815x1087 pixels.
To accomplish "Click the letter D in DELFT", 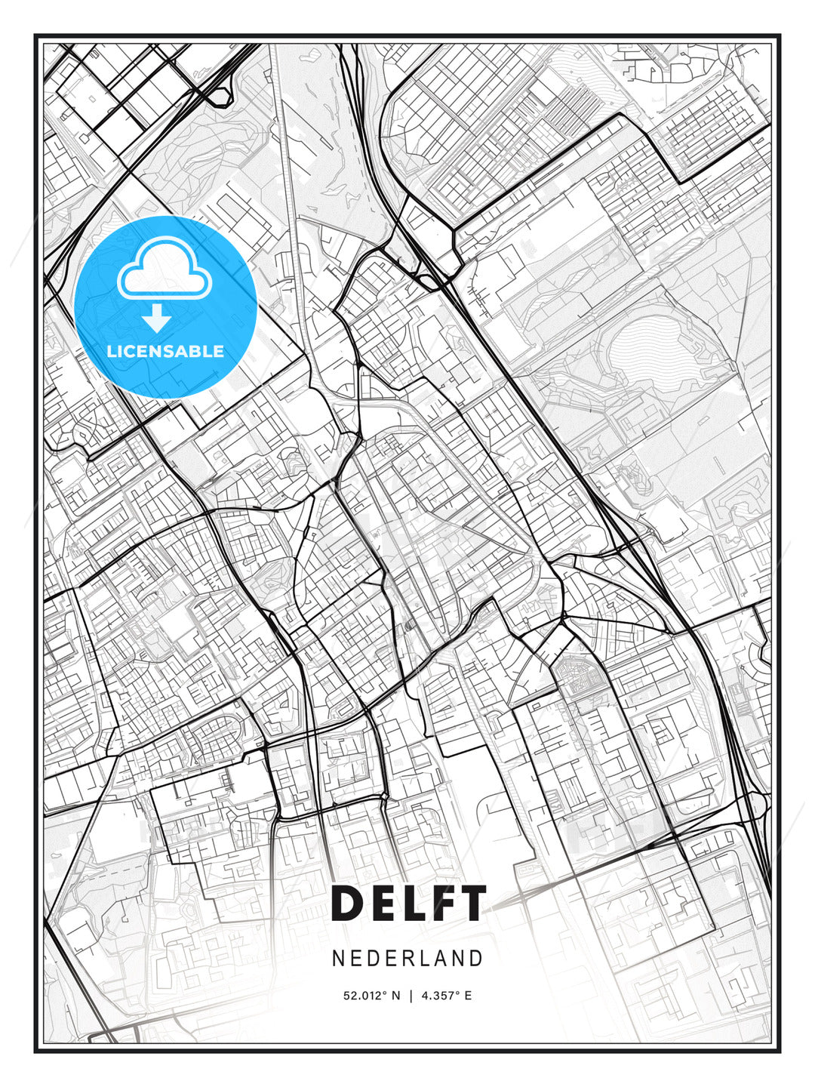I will click(x=348, y=903).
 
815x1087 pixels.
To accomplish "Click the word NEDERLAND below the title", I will click(x=407, y=958).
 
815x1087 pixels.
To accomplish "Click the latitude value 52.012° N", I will click(x=371, y=996).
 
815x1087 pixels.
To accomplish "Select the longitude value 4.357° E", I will click(x=447, y=996).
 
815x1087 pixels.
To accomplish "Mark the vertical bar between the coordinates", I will click(x=411, y=996).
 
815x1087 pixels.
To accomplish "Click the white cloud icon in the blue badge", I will click(x=163, y=269).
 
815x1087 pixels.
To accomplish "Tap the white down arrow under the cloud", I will click(x=157, y=318).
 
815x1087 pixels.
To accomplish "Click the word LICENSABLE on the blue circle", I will click(x=165, y=351).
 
